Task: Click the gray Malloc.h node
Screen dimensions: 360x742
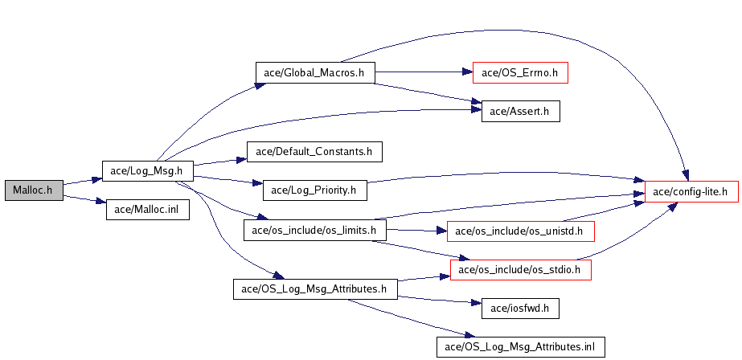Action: click(33, 190)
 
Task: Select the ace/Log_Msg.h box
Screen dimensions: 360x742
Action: click(146, 170)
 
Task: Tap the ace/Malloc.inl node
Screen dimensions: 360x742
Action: click(148, 211)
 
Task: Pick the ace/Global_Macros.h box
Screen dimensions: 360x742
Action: click(314, 72)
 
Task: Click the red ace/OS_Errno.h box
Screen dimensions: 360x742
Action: click(520, 72)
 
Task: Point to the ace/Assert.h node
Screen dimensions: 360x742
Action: click(519, 112)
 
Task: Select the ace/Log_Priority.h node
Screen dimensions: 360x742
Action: click(314, 190)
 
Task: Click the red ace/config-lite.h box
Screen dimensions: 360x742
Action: click(691, 191)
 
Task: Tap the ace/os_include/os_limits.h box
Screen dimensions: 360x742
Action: click(314, 231)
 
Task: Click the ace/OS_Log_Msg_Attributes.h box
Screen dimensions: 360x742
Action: click(315, 289)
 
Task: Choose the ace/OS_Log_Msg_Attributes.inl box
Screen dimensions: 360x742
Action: click(519, 346)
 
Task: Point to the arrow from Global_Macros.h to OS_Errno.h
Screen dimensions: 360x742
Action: click(422, 72)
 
